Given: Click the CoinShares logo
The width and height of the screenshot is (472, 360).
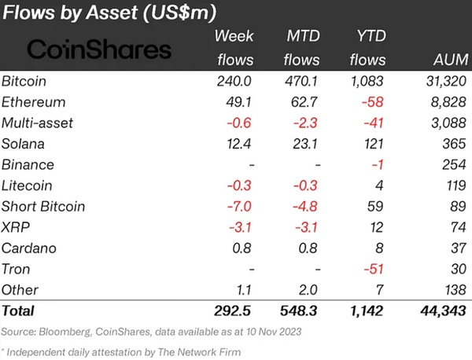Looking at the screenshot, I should (x=98, y=50).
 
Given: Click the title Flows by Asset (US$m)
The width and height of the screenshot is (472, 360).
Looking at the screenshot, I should (x=109, y=13).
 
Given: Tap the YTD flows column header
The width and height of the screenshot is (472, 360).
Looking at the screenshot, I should (x=367, y=49).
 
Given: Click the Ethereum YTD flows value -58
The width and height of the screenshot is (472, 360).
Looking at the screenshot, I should (x=374, y=102).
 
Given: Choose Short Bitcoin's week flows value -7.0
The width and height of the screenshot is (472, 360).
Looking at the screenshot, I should (x=238, y=208).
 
